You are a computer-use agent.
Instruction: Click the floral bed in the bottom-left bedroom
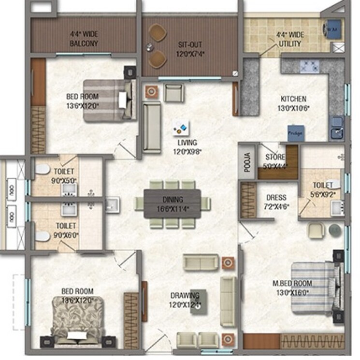(78, 321)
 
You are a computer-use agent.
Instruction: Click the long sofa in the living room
(152, 127)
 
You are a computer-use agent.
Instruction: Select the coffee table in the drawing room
(199, 302)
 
